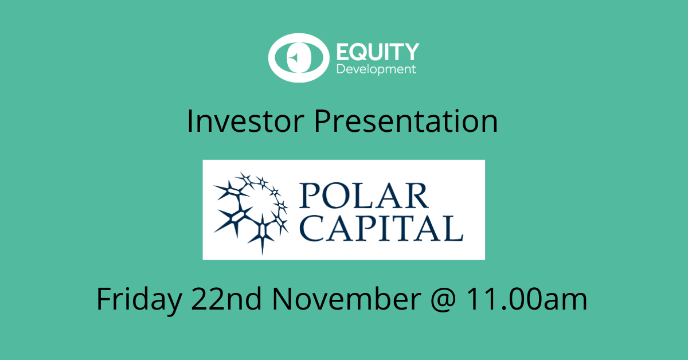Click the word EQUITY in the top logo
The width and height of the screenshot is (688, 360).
pos(378,52)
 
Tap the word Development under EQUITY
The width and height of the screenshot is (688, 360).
pos(376,70)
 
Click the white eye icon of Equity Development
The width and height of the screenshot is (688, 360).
pos(299,58)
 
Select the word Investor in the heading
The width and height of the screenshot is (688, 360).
pos(245,122)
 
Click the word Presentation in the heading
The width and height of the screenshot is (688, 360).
pos(406,122)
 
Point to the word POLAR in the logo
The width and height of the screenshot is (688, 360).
pos(364,195)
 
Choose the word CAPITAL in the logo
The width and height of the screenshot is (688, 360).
pos(381,228)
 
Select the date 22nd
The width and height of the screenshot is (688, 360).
pos(226,299)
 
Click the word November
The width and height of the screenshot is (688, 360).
pos(346,299)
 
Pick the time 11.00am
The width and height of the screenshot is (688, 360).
pos(527,299)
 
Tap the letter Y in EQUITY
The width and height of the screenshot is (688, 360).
pos(411,52)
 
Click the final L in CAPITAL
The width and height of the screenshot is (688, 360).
pos(454,228)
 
